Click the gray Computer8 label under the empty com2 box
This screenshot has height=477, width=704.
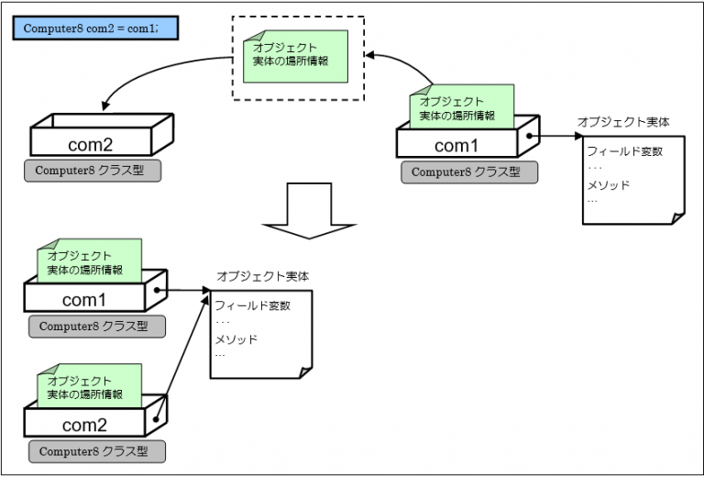[x=93, y=171]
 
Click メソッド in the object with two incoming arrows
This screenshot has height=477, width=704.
[x=236, y=339]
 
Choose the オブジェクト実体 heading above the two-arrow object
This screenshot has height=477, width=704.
[x=262, y=276]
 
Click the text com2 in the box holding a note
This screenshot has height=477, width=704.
[x=84, y=425]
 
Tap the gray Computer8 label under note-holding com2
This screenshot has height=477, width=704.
[x=96, y=452]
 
